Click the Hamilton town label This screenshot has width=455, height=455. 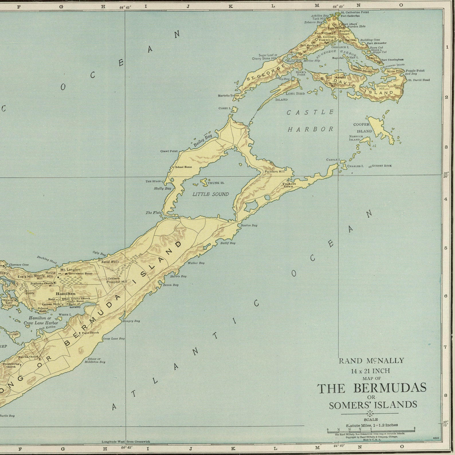coord(66,294)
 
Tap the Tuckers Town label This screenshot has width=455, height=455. coord(289,185)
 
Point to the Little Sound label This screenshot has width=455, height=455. coord(211,194)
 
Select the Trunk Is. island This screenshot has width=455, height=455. coord(204,182)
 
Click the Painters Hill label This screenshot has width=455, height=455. coord(274,171)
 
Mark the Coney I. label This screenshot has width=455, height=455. coord(224,108)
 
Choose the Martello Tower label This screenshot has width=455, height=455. coord(228,96)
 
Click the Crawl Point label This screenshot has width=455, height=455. coord(169,151)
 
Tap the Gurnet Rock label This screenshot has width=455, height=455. coord(382,166)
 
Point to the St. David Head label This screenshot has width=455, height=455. coord(419,80)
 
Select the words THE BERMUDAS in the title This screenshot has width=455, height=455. coord(371,388)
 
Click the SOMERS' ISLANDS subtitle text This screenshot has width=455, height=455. coord(372,405)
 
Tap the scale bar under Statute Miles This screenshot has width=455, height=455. coord(371,431)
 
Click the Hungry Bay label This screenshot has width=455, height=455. coord(131,321)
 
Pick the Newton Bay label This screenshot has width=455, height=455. coord(249,225)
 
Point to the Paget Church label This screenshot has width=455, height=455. coord(90,333)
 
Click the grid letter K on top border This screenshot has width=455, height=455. coord(231,6)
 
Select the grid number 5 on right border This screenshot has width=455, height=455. coord(446,248)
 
